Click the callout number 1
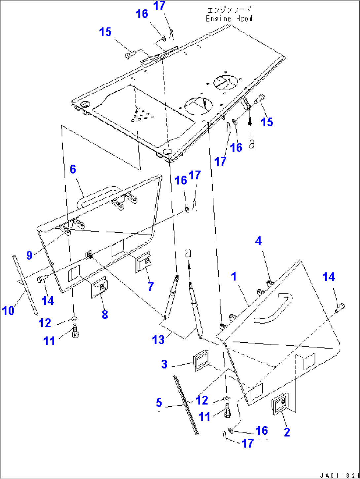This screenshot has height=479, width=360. [234, 276]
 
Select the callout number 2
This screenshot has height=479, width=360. [287, 432]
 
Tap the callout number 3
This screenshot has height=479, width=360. [164, 364]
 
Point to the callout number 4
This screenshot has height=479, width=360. [258, 241]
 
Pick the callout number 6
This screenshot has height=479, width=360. [73, 169]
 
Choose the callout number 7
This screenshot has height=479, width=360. [151, 286]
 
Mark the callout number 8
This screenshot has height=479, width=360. [105, 314]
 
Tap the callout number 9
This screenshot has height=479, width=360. [29, 255]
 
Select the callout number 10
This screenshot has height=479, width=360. [8, 310]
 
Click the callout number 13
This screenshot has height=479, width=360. [158, 339]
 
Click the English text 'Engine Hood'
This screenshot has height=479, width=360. [229, 19]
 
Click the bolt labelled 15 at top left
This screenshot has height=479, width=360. [129, 55]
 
